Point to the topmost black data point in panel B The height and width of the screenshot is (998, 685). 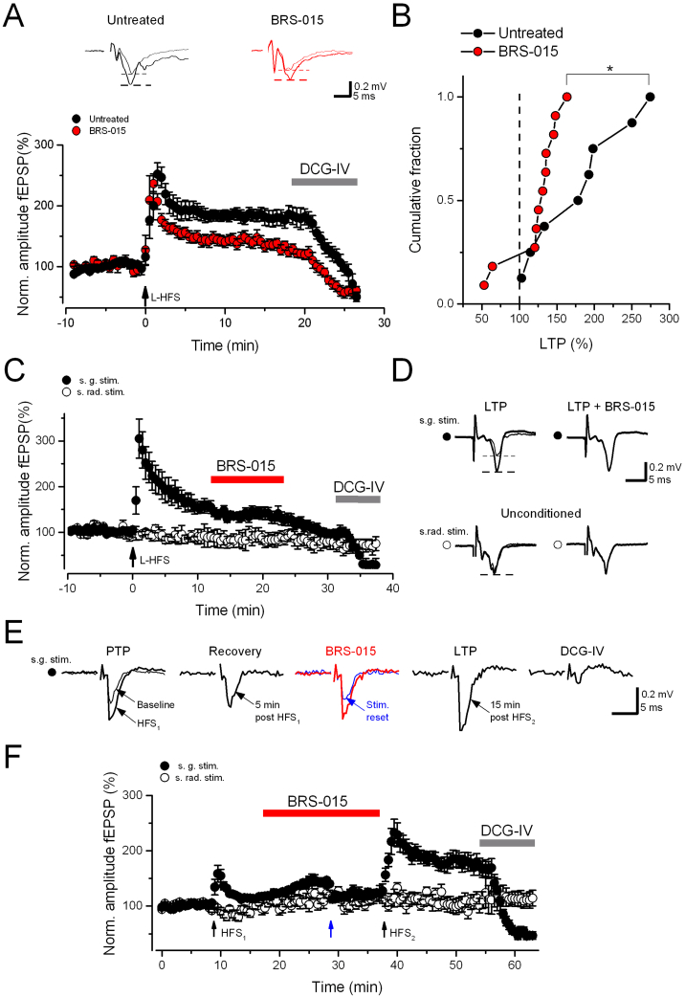pyautogui.click(x=651, y=97)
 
